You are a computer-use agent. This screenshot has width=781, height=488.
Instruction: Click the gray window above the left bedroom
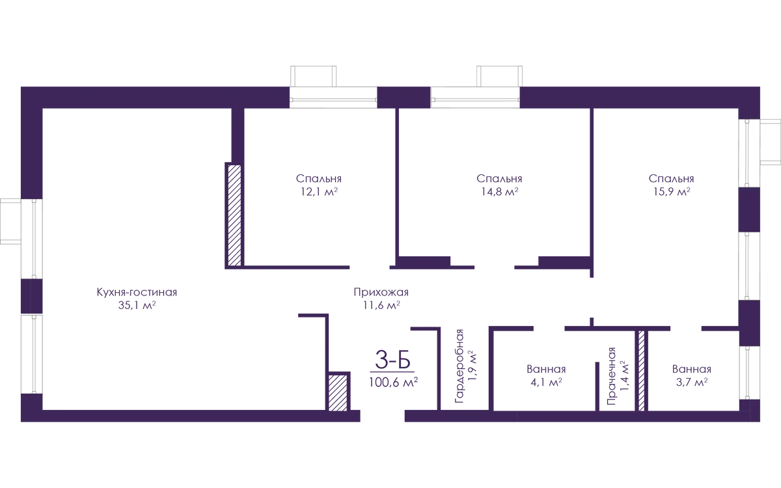coord(333,99)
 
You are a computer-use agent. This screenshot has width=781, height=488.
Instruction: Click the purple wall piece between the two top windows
coord(404,99)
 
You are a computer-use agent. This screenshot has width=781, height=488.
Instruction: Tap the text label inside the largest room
coord(136,299)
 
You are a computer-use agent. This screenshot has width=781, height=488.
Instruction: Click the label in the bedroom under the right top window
coord(499,184)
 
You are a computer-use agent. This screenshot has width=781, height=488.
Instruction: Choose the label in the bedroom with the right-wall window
coord(671,184)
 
